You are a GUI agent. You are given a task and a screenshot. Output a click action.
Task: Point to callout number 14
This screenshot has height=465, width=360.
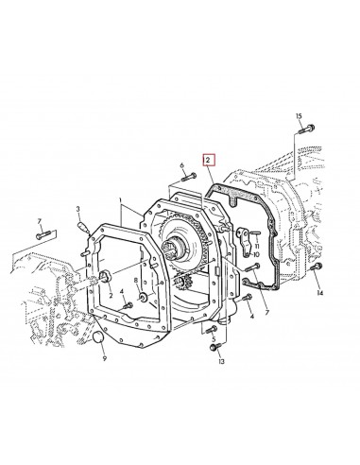(x=319, y=294)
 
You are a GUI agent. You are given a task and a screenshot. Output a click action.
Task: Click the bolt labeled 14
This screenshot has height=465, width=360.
(x=316, y=272)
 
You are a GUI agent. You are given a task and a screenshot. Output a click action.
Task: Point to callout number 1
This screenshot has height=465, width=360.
(x=120, y=201)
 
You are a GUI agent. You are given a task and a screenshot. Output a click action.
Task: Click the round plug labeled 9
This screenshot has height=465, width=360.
(x=101, y=339)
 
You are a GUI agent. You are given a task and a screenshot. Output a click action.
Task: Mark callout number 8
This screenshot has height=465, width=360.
(x=136, y=281)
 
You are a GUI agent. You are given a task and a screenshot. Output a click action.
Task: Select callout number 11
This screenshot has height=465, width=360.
(x=256, y=248)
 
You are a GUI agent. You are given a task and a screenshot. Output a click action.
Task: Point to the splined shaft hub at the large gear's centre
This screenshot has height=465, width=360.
(x=175, y=253)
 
